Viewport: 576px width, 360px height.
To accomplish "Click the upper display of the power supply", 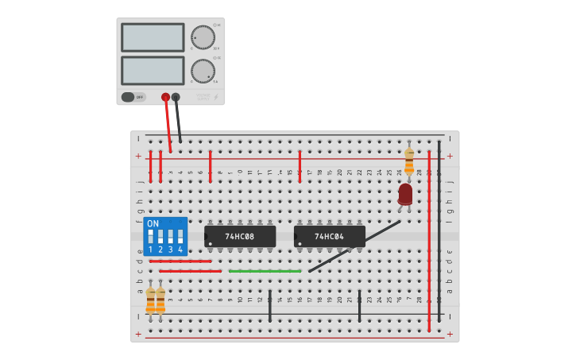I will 153,37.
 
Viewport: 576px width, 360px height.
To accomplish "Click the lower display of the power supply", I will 153,70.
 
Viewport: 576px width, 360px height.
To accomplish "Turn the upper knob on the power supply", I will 203,37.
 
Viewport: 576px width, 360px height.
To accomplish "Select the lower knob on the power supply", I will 203,71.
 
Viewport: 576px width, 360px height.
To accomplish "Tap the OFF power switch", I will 133,97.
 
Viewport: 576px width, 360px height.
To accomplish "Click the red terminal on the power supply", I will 165,97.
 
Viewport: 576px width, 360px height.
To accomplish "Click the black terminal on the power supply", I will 176,97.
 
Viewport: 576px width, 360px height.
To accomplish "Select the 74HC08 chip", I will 240,236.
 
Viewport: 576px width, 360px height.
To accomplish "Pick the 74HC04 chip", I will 329,236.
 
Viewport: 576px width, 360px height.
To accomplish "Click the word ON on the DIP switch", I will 153,223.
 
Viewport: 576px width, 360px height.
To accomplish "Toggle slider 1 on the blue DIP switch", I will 150,237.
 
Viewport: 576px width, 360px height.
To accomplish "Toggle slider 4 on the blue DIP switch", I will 180,237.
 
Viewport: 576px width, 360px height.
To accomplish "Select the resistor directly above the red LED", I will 409,161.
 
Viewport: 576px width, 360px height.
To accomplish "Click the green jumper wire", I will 265,271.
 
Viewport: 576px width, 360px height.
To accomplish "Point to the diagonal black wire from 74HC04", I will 354,246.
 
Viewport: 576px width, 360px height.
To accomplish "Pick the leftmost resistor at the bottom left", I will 150,300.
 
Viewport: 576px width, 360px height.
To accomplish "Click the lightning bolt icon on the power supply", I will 215,98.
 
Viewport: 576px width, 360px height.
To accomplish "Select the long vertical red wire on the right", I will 429,238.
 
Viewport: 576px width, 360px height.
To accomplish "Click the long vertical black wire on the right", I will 439,230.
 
